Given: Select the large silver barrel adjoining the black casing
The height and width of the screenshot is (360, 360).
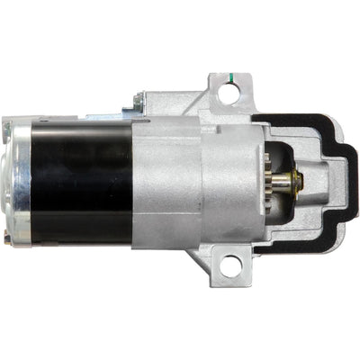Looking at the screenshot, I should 166,184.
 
